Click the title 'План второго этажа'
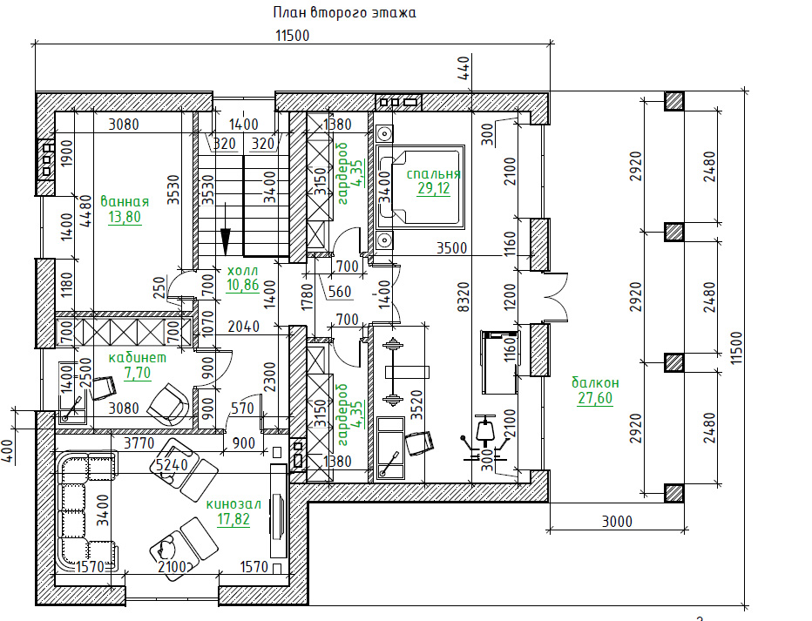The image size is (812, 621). (x=344, y=13)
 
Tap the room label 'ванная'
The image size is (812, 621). (x=125, y=200)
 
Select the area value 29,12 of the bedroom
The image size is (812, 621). (x=433, y=189)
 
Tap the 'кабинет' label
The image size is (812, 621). (x=138, y=357)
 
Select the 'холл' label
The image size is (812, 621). (x=242, y=270)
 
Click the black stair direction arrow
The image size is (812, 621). (x=227, y=237)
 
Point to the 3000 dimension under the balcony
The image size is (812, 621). (x=616, y=522)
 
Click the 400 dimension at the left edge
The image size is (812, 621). (x=9, y=453)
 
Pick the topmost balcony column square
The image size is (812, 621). (x=673, y=101)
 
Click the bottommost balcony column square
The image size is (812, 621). (x=673, y=493)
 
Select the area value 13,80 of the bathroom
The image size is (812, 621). (x=125, y=217)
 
